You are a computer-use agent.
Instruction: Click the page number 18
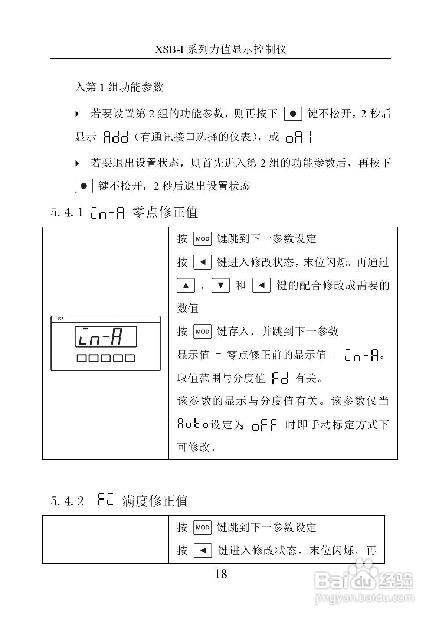click(x=221, y=574)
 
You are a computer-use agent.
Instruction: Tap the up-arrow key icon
click(x=186, y=286)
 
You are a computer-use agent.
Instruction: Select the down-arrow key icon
click(x=221, y=286)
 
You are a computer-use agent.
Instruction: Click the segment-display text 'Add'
click(x=115, y=137)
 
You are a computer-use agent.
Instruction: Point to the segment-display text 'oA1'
click(x=299, y=137)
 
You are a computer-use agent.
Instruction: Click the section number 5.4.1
click(x=67, y=212)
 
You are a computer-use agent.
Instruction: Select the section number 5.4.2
click(x=67, y=501)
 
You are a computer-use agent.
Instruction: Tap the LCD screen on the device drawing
click(x=106, y=336)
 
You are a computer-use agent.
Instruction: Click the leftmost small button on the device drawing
click(x=81, y=358)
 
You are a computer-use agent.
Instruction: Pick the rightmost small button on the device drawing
click(x=130, y=358)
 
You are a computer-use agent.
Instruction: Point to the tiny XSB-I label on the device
click(x=61, y=319)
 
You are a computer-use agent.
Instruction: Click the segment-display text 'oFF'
click(x=264, y=425)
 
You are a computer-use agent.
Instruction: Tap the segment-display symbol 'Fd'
click(x=280, y=378)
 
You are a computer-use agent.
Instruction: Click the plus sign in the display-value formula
click(x=335, y=355)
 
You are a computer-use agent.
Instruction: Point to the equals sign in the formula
click(x=218, y=355)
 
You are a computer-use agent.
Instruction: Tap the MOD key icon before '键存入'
click(x=202, y=332)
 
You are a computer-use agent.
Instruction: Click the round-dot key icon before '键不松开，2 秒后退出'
click(x=84, y=186)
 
